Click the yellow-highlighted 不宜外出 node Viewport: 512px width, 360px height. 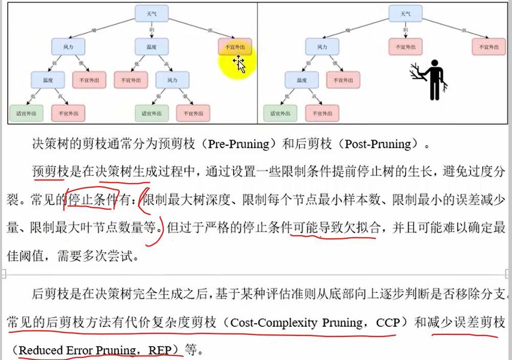[x=235, y=48]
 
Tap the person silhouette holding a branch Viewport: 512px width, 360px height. [x=432, y=79]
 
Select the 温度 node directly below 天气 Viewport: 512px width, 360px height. [x=151, y=47]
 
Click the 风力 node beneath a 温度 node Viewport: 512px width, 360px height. [x=173, y=80]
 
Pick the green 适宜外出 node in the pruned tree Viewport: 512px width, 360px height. [x=280, y=113]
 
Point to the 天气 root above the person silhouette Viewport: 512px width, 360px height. [x=405, y=14]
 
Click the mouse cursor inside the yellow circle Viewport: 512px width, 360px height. [x=239, y=64]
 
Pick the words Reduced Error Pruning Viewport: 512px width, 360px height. [x=77, y=351]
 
